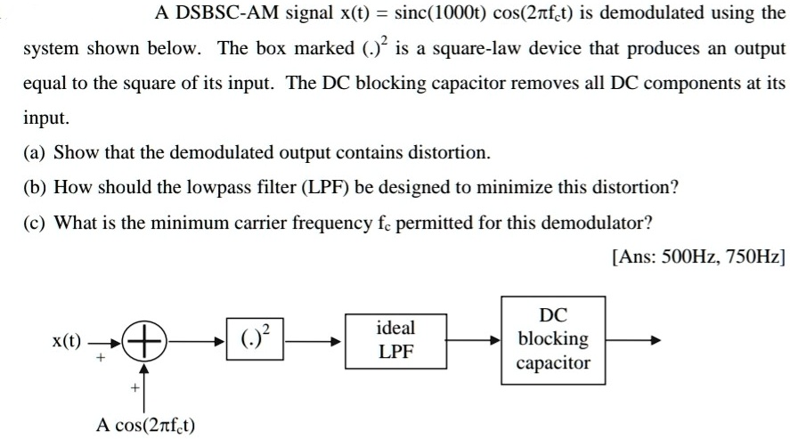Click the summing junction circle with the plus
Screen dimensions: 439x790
(x=142, y=340)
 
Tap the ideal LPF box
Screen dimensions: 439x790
(x=395, y=339)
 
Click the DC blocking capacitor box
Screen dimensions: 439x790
(x=553, y=339)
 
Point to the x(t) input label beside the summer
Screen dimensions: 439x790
(x=66, y=340)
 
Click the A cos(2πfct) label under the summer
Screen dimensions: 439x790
(x=146, y=424)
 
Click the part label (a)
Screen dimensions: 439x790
(x=37, y=151)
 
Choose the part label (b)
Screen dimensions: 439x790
(x=37, y=187)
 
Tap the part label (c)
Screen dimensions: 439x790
(x=37, y=222)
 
